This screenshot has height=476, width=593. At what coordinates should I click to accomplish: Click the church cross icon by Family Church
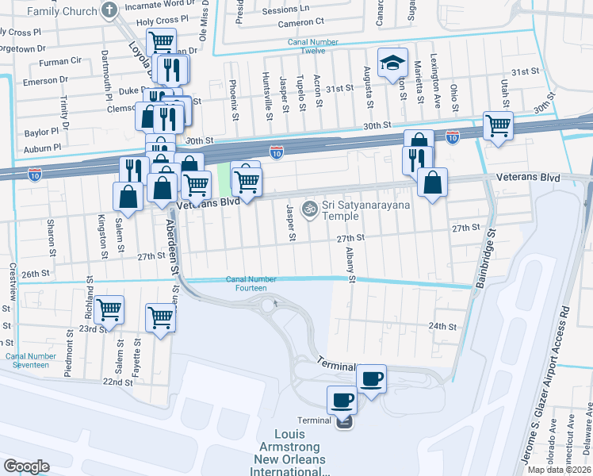[x=110, y=10]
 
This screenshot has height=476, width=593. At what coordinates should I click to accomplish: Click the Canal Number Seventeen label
[x=31, y=361]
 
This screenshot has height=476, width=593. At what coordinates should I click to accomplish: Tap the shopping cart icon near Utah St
[x=498, y=125]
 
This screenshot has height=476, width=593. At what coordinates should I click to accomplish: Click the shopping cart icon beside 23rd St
[x=109, y=309]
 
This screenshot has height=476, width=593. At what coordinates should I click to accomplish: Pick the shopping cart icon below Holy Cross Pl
[x=162, y=41]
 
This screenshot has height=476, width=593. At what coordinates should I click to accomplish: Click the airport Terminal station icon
[x=344, y=421]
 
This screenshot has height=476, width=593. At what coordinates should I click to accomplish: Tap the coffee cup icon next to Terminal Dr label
[x=370, y=378]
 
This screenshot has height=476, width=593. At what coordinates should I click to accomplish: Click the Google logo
[x=26, y=466]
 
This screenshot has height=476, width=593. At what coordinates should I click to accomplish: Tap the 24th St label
[x=442, y=326]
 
